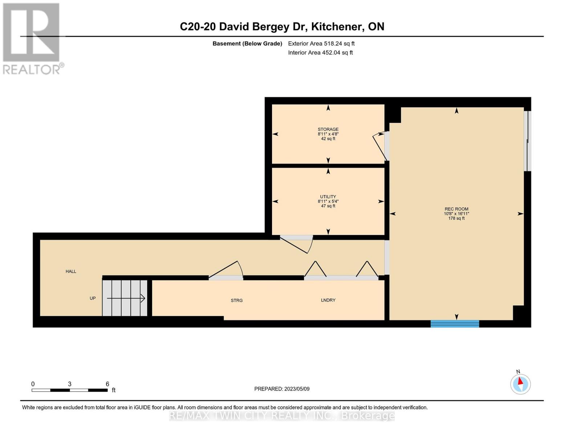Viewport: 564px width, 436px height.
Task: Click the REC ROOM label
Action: point(456,209)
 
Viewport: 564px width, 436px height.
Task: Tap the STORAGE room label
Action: point(328,129)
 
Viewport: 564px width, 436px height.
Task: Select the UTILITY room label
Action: point(328,197)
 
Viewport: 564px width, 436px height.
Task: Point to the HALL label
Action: point(71,271)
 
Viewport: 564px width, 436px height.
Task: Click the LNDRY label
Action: point(328,300)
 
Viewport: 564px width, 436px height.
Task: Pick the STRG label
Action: point(237,300)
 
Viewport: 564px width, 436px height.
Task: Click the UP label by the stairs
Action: point(93,298)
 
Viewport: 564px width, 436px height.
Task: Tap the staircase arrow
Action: point(126,298)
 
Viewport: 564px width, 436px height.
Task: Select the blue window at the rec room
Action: point(455,324)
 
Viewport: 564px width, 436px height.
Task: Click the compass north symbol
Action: point(520,384)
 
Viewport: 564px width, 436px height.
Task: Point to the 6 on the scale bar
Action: point(107,384)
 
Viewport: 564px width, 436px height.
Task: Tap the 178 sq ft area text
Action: point(456,218)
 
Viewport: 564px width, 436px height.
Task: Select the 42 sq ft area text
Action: point(328,138)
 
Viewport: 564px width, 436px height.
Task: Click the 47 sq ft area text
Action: point(328,206)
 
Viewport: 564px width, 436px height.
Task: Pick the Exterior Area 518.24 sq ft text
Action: point(321,43)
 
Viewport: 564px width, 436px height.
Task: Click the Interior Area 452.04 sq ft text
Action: point(320,52)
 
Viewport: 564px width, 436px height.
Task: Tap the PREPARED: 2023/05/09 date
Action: point(282,389)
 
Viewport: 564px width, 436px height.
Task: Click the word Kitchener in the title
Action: point(336,27)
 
